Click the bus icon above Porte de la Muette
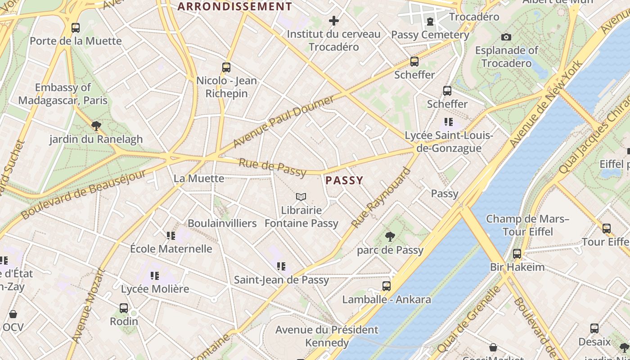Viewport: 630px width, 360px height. tap(76, 28)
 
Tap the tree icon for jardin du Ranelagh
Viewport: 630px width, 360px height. tap(96, 126)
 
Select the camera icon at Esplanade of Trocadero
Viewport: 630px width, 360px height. tap(506, 37)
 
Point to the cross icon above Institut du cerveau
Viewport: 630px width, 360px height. tap(333, 21)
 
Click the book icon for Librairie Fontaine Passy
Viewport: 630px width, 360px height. tap(301, 197)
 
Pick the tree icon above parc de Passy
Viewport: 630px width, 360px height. tap(390, 236)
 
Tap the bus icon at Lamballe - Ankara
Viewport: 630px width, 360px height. tap(386, 286)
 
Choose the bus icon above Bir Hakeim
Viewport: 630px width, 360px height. tap(517, 254)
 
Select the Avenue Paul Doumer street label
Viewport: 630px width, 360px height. tap(284, 121)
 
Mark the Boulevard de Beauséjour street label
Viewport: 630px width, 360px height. tap(84, 195)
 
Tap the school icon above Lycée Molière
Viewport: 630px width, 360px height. tap(155, 275)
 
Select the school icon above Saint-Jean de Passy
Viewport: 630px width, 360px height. tap(281, 266)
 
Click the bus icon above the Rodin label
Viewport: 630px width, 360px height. tap(124, 308)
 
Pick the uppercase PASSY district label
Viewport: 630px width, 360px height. tap(344, 180)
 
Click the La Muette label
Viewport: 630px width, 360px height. tap(199, 179)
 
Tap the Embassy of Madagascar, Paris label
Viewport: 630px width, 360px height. tap(63, 94)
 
